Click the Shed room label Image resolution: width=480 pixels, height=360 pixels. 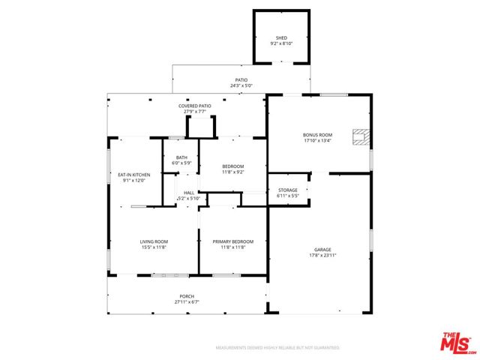pos(281,37)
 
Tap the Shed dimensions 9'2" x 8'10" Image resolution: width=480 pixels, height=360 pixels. pos(281,43)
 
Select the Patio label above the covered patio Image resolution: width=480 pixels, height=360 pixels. pos(241,79)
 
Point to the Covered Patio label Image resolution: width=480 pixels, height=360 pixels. pos(194,106)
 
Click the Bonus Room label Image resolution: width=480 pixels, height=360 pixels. pos(317,135)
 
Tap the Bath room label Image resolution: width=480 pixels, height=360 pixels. pos(181,157)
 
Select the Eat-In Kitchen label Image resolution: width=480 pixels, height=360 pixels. pos(129,174)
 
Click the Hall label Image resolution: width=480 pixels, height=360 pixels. pos(189,193)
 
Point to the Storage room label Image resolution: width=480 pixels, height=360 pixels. pos(288,190)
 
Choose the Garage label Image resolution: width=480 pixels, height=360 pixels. pos(322,249)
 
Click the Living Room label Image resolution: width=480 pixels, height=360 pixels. pos(153,241)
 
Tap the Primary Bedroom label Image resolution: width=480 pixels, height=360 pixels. pos(232,241)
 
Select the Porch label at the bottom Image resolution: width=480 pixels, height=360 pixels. pos(187,296)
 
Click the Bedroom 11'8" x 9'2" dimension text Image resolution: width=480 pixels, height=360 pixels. pos(232,172)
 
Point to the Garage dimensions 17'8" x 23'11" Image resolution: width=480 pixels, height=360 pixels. pos(322,255)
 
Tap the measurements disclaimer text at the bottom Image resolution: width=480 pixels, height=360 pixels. pos(277,348)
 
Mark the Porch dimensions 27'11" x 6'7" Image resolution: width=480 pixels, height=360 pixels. pos(187,302)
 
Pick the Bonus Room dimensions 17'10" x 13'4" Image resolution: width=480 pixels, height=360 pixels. pos(317,141)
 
